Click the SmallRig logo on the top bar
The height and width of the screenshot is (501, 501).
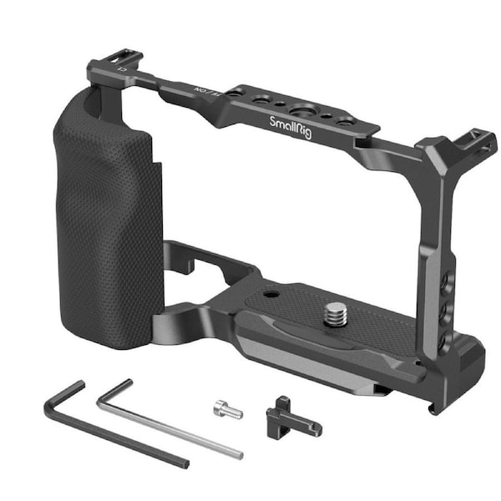point(291,123)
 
